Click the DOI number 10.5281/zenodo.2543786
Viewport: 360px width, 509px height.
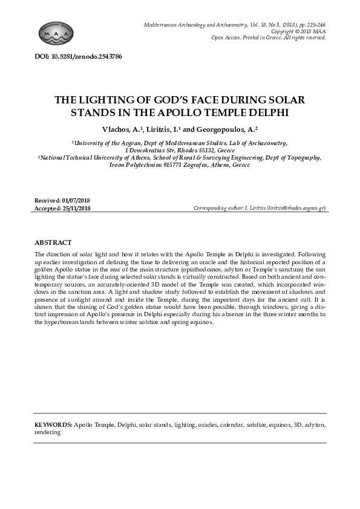pos(88,56)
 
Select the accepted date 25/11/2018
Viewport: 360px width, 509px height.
pos(76,208)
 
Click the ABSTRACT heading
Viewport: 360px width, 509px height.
pos(53,242)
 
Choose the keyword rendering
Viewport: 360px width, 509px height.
pos(47,432)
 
